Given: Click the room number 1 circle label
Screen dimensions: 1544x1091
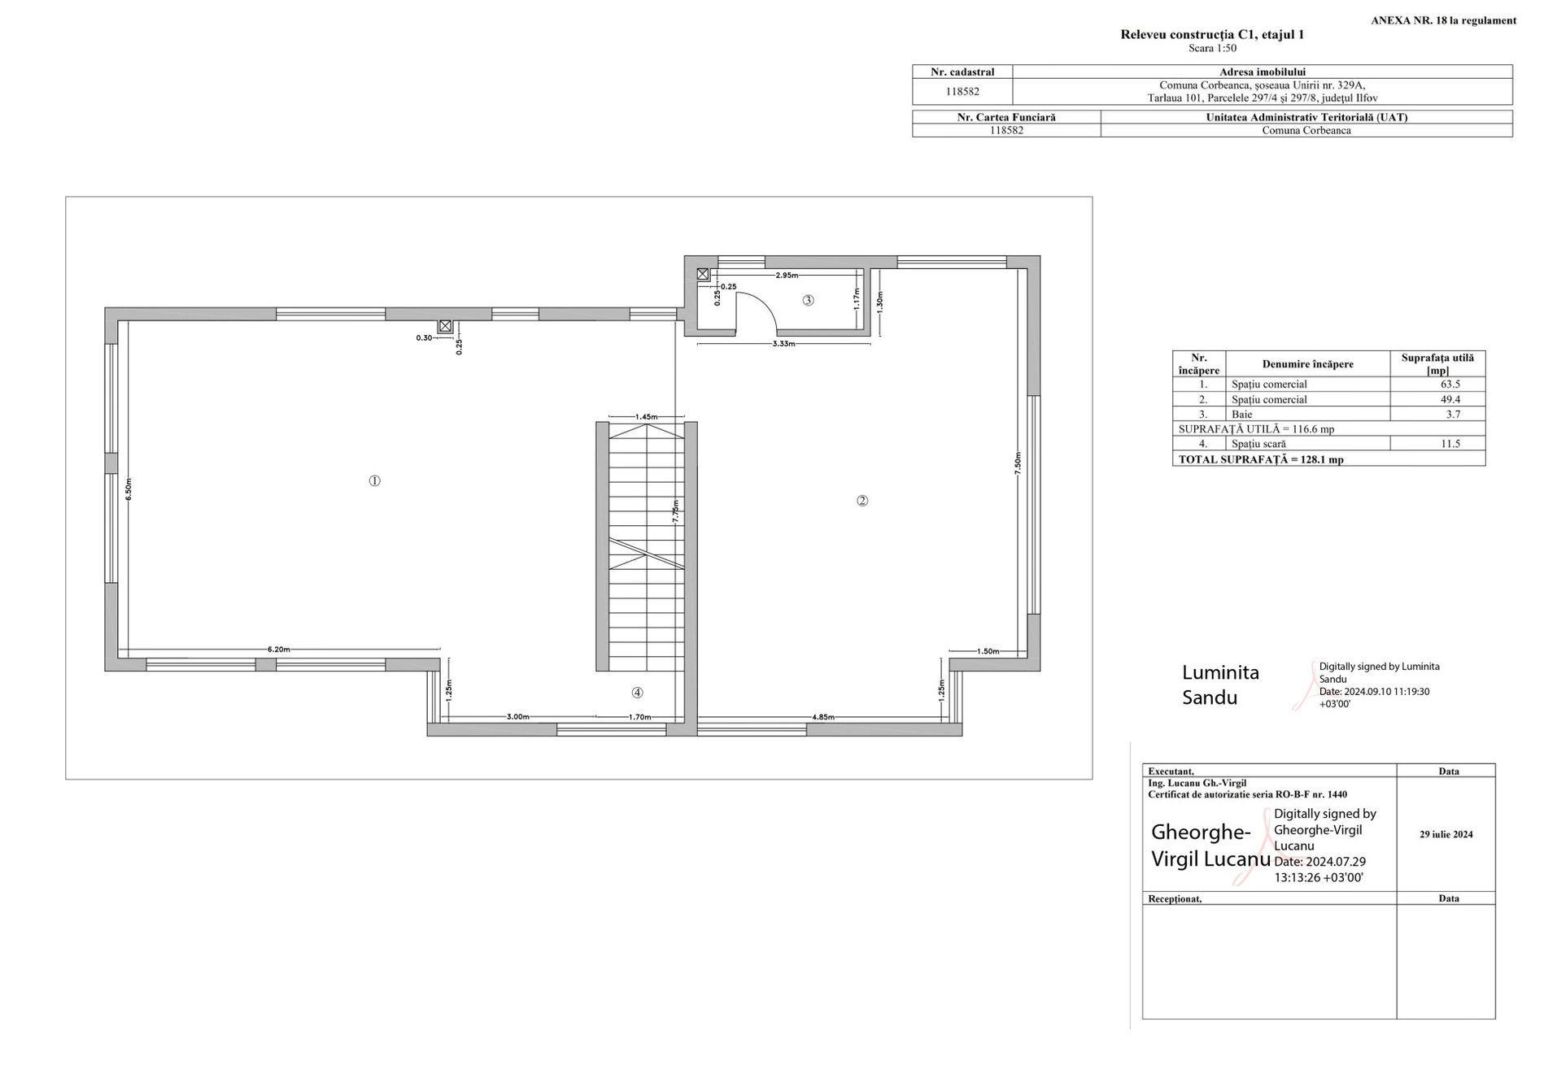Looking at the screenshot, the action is (374, 480).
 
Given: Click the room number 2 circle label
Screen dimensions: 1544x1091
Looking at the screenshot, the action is (862, 500).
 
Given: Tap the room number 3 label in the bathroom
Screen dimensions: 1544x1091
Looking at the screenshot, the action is (808, 300).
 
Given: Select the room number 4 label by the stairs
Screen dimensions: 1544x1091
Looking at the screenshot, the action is (637, 693).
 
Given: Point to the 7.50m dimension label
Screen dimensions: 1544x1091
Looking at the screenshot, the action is (1018, 464).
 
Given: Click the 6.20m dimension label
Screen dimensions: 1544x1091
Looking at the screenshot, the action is (279, 649).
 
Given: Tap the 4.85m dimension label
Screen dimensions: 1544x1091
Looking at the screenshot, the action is (823, 717).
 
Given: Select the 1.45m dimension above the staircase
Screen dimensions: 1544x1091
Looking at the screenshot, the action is (647, 416).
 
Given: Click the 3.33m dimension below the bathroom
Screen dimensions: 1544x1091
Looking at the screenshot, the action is (783, 343).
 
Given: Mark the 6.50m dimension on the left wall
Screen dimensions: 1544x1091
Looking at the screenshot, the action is (129, 489).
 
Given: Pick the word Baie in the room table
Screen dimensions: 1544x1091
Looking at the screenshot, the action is (1242, 414).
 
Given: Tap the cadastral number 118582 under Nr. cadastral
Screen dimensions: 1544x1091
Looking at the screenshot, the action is (962, 92).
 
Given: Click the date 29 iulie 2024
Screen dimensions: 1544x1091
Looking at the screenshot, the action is (1446, 834).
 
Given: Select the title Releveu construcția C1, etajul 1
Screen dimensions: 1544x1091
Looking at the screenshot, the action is (1212, 34).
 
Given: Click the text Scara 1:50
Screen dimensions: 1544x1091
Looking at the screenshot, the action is (1212, 48).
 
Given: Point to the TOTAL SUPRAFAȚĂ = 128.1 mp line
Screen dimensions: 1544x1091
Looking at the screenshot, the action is (1261, 459).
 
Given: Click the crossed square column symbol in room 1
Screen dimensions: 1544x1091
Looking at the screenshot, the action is (445, 326).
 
